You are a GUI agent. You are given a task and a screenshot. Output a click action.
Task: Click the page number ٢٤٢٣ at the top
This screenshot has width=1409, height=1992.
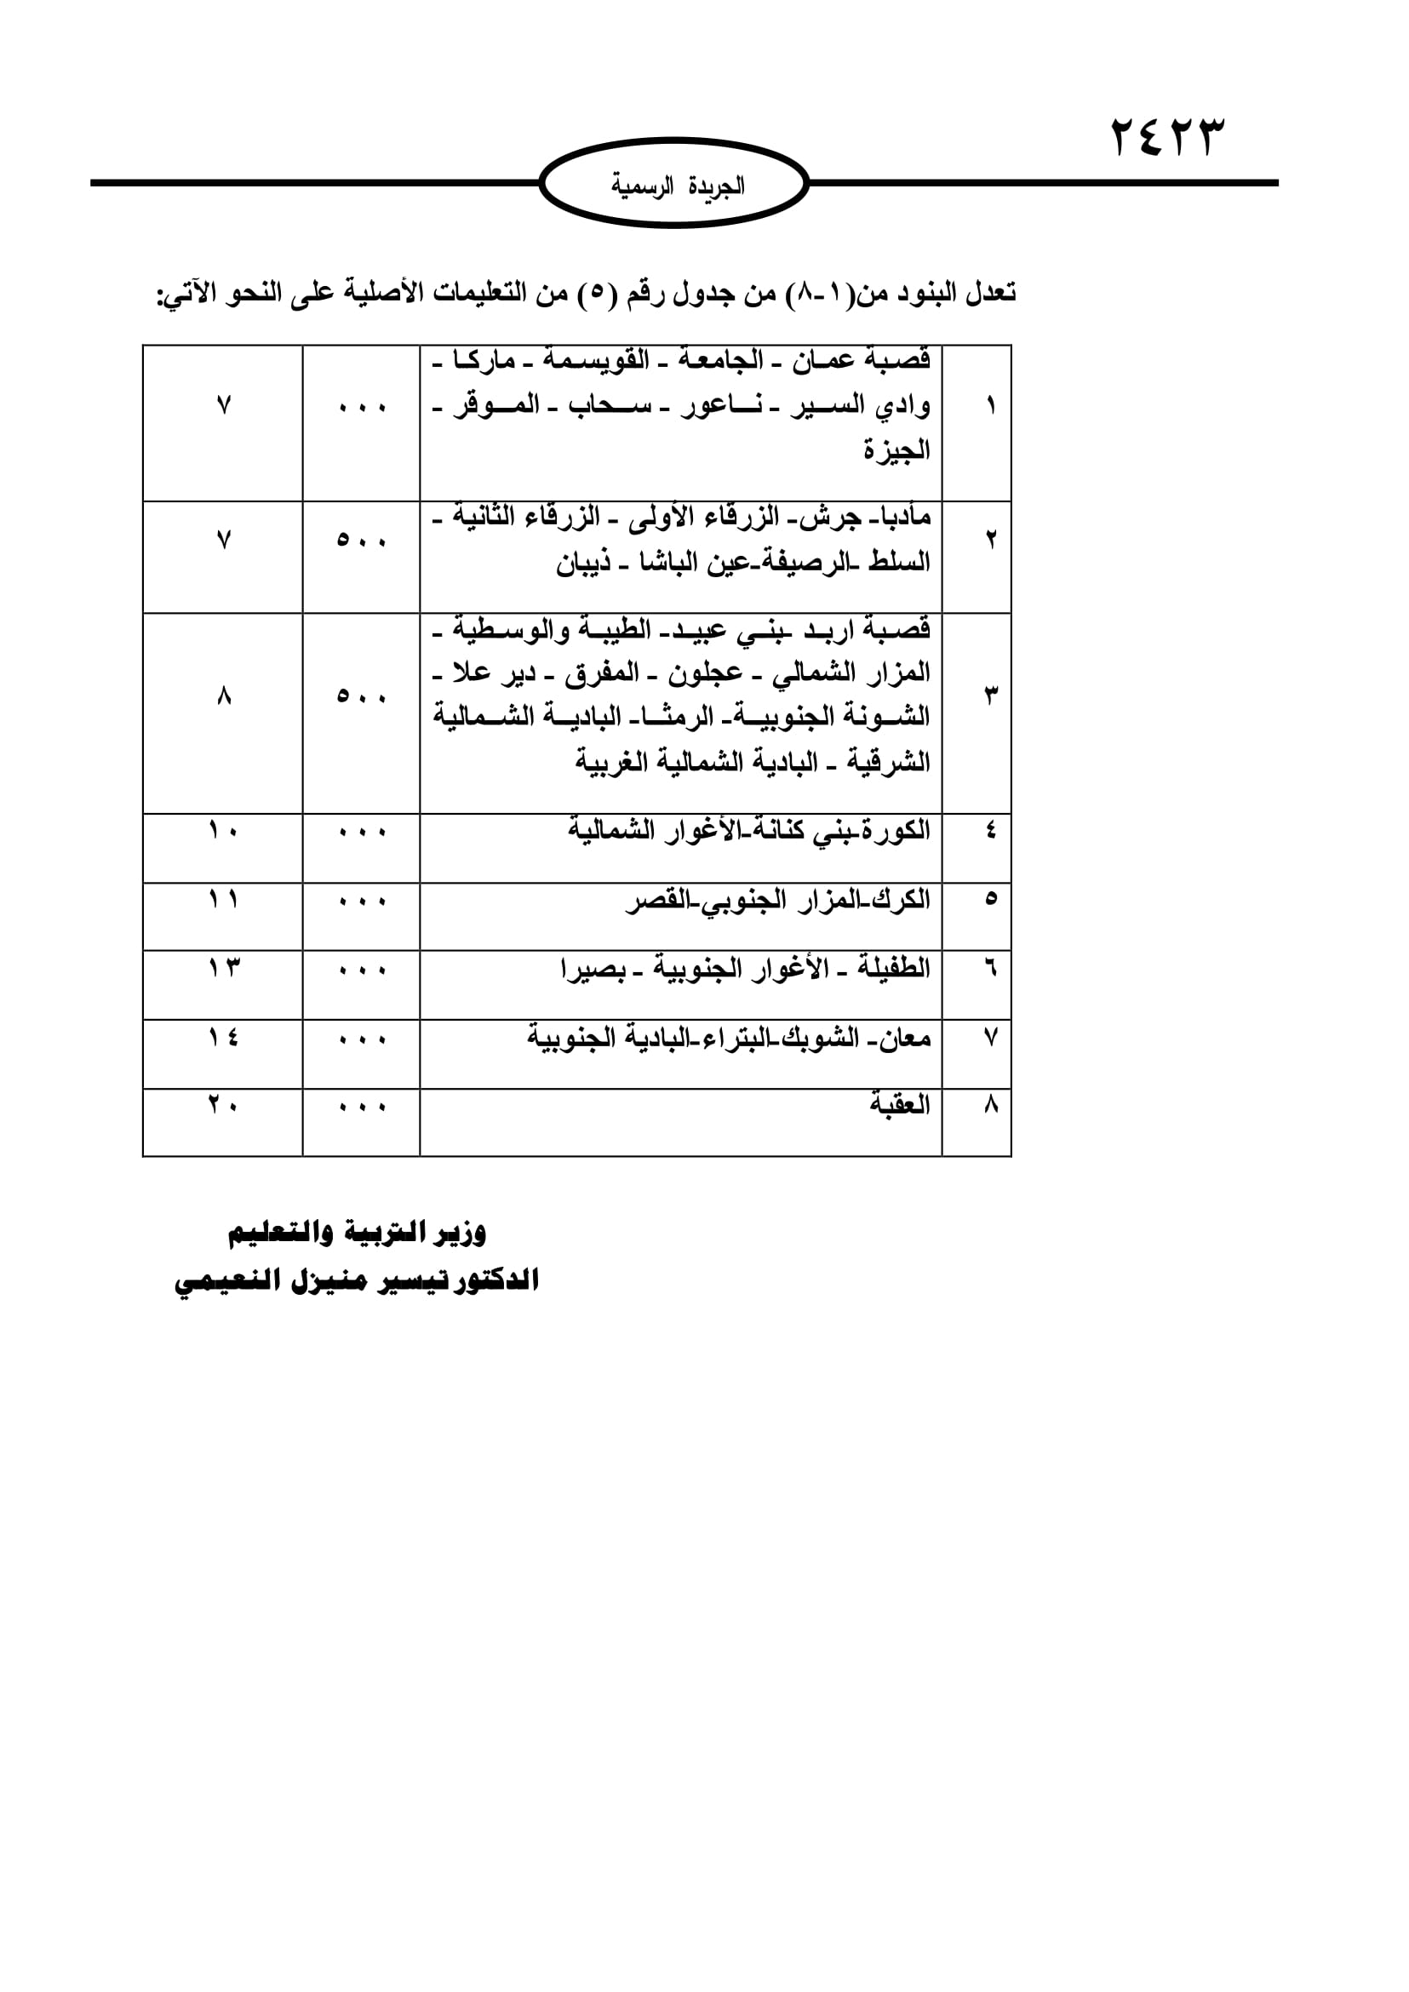[1168, 138]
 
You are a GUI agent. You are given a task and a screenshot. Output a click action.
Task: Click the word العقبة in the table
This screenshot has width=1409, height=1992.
[900, 1105]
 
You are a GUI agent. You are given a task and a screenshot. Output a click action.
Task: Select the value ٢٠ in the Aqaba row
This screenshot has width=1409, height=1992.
[223, 1105]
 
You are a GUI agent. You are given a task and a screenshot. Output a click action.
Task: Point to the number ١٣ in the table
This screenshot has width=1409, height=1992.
[223, 967]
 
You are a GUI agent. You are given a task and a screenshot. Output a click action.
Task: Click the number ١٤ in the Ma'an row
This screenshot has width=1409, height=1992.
[223, 1037]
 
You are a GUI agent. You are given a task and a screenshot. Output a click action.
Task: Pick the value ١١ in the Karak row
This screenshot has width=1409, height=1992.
[223, 900]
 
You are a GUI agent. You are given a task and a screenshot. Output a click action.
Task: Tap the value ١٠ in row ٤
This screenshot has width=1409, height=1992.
[223, 831]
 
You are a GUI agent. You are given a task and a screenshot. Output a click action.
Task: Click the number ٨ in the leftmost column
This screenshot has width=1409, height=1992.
[224, 696]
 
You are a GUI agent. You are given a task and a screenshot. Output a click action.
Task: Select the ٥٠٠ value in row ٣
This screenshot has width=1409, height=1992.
[361, 696]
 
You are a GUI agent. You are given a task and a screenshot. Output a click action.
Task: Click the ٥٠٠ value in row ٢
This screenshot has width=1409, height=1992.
[361, 541]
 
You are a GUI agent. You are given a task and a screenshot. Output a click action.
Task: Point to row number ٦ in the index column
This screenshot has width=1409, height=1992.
[991, 968]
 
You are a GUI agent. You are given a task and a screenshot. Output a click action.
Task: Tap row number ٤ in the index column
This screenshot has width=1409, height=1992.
[991, 831]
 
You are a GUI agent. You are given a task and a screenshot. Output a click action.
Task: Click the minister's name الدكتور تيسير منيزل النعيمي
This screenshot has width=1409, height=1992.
[357, 1280]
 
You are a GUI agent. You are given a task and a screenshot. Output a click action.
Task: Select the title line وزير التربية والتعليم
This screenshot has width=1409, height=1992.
[357, 1233]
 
